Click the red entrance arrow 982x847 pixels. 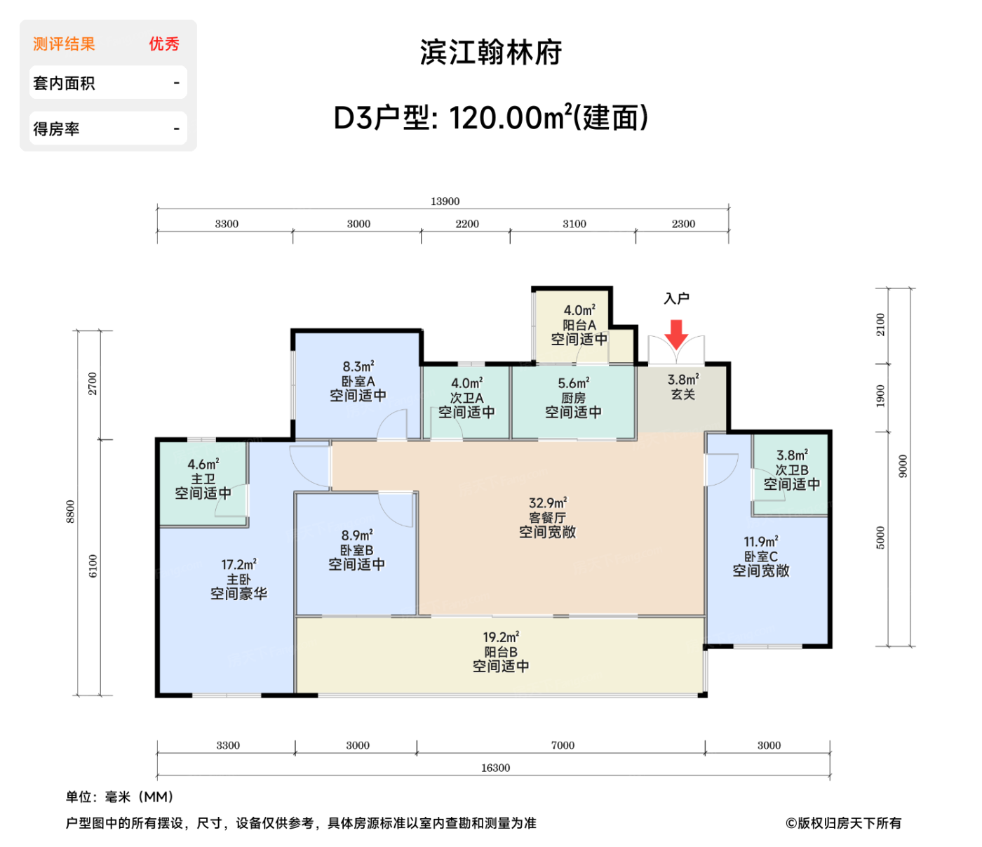point(676,334)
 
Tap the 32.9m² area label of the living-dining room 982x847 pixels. point(547,503)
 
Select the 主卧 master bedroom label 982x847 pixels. point(238,580)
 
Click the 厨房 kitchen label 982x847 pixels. point(573,398)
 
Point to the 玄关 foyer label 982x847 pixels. point(682,394)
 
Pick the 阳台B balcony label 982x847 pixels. point(500,652)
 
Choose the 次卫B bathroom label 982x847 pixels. point(791,470)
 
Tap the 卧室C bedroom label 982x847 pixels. point(760,556)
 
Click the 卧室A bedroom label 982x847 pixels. point(358,381)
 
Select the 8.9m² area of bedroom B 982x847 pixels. point(357,535)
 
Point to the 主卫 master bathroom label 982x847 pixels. point(203,479)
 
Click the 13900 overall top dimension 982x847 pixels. point(445,201)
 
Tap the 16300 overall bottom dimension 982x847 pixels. point(495,768)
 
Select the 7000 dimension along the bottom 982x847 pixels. point(563,745)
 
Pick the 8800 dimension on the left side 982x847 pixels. point(70,512)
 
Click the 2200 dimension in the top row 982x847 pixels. point(466,224)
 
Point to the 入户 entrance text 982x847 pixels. point(676,299)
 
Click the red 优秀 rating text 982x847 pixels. point(163,44)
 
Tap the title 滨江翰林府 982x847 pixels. point(491,53)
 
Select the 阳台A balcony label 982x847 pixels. point(579,325)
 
